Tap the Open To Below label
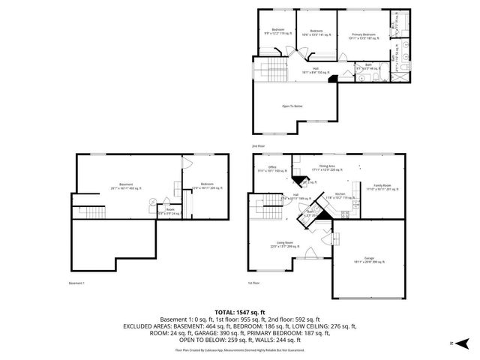coord(292,106)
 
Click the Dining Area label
coord(327,169)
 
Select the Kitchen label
coord(339,195)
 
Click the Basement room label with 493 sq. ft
coord(126,186)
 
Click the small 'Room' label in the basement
coord(170,211)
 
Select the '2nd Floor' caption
coord(258,145)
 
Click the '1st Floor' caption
coord(254,283)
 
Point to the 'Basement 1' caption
coord(76,283)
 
